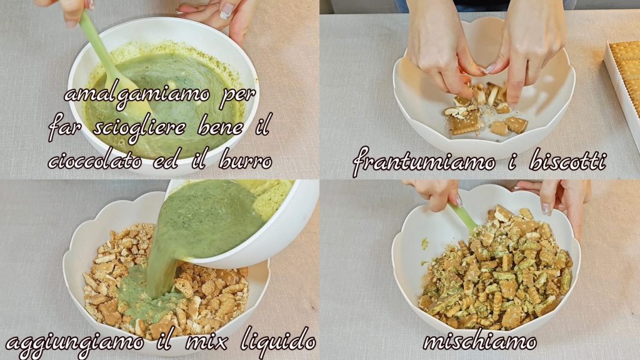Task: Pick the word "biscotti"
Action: point(567,161)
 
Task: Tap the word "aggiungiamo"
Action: point(75,342)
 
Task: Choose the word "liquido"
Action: point(278,339)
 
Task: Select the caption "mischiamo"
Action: point(480,341)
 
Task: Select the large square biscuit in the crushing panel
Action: point(465,122)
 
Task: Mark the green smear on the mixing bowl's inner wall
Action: point(425,244)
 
